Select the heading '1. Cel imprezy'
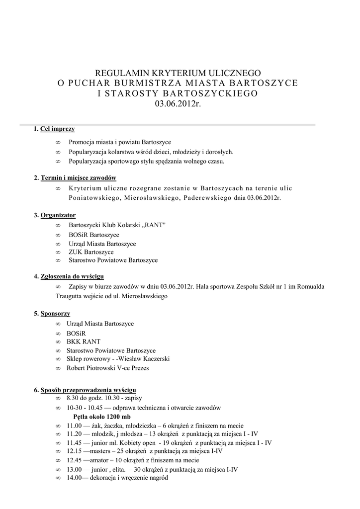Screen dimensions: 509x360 pyautogui.click(x=54, y=129)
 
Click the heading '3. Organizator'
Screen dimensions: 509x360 pyautogui.click(x=55, y=215)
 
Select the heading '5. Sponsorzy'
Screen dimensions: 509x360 pyautogui.click(x=52, y=314)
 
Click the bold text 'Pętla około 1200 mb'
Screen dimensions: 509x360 pyautogui.click(x=102, y=417)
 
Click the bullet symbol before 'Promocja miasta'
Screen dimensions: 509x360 pyautogui.click(x=58, y=142)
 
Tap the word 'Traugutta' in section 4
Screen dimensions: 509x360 pyautogui.click(x=70, y=296)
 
